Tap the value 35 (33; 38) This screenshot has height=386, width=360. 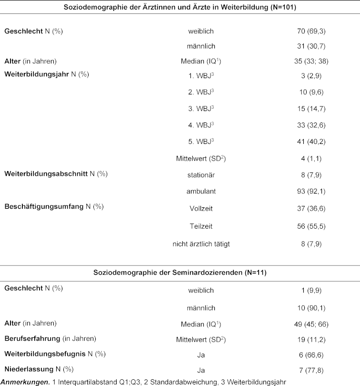311,61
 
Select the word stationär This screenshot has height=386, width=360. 200,175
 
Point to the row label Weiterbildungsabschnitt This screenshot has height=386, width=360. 46,173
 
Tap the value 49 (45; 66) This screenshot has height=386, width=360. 311,324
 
